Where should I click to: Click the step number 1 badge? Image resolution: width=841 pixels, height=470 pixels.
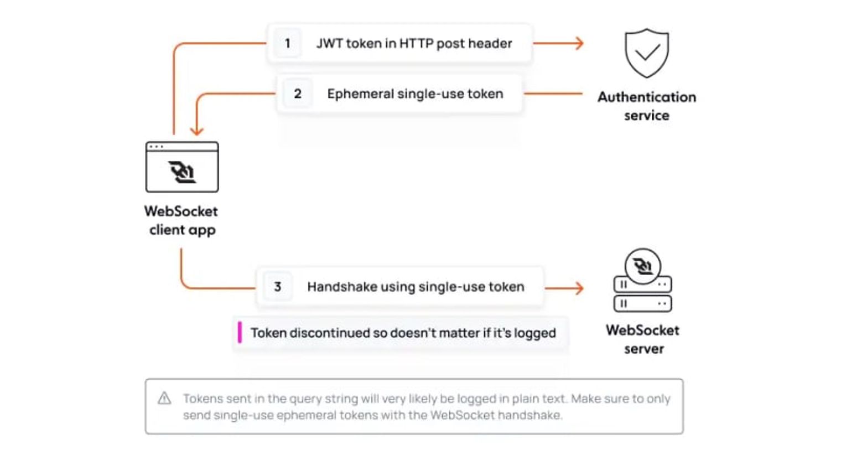(x=287, y=43)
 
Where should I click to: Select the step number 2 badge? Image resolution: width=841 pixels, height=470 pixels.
(x=298, y=94)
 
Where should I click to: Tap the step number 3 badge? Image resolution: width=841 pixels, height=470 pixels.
(x=278, y=287)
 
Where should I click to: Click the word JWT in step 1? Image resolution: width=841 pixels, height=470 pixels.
(x=329, y=43)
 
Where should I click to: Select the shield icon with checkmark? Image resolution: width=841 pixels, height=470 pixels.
(x=646, y=53)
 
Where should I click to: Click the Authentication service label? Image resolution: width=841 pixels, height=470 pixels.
(x=646, y=106)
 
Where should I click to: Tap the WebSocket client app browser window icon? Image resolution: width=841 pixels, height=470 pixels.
(x=182, y=167)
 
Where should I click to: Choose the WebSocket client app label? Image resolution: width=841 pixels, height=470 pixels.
(x=181, y=220)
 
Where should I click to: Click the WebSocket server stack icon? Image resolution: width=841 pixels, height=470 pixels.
(x=642, y=281)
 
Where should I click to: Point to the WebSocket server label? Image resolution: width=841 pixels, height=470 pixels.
(x=643, y=339)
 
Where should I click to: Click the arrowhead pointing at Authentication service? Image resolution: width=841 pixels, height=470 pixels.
(x=579, y=43)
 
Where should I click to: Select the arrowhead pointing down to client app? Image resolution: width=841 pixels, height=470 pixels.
(x=197, y=131)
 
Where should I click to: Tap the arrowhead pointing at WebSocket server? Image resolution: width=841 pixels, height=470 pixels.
(x=579, y=288)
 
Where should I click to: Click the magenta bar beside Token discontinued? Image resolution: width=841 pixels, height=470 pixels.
(x=240, y=333)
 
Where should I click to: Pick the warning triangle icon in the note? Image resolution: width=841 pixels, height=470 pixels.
(x=164, y=398)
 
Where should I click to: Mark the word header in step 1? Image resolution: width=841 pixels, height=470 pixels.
(x=490, y=43)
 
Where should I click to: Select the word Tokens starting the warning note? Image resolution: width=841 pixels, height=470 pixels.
(x=201, y=399)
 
